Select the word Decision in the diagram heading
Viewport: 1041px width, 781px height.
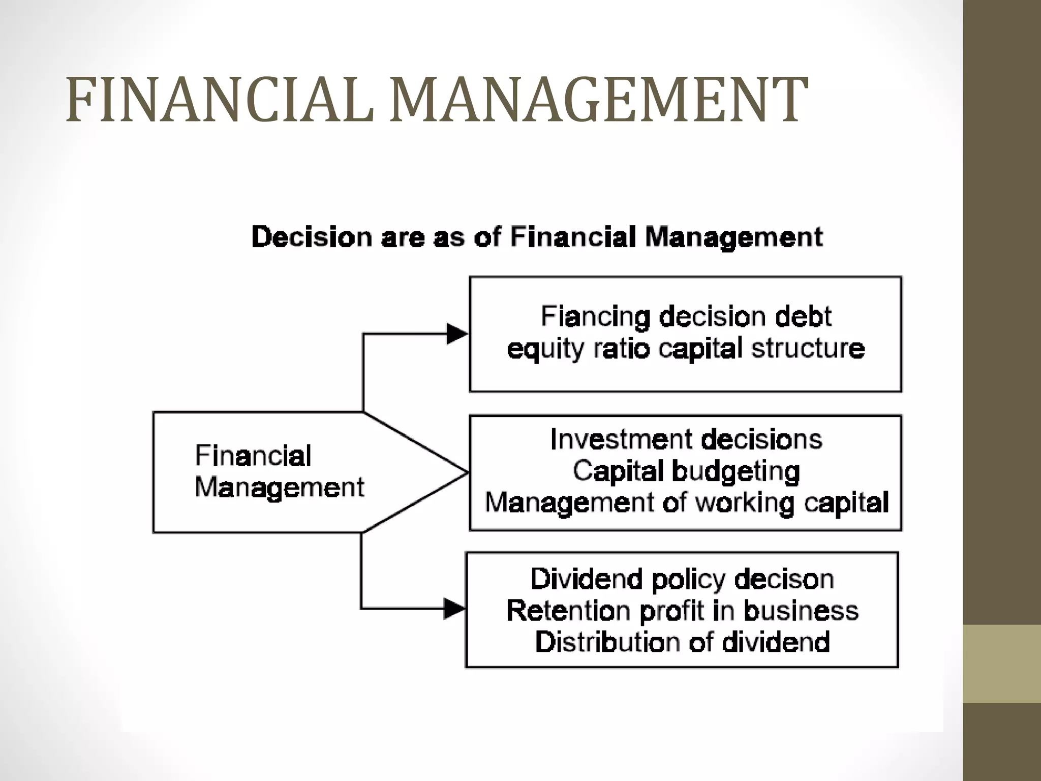point(312,237)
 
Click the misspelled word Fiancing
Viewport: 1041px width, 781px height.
point(595,317)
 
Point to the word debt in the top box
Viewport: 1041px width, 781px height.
point(804,316)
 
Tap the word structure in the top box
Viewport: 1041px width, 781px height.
point(808,349)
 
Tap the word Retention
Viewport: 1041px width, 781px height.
point(568,611)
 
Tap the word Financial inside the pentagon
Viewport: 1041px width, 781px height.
point(253,456)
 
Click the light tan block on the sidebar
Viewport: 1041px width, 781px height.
point(1002,664)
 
